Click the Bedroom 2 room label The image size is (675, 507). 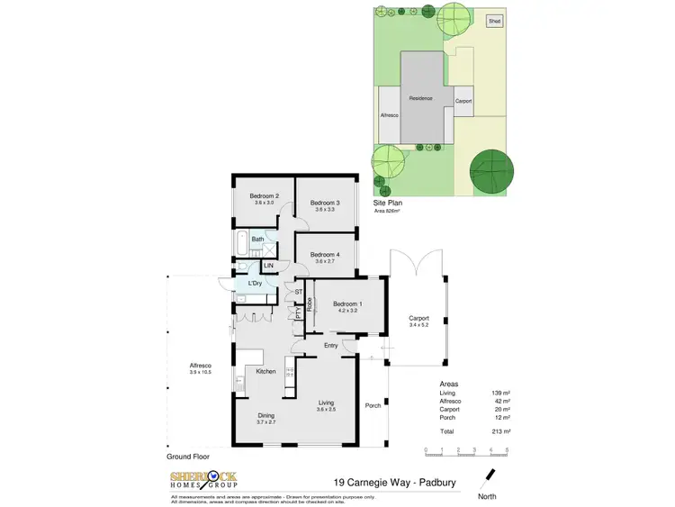[264, 196]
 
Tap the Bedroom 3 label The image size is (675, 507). [325, 204]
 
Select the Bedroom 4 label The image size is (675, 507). [325, 255]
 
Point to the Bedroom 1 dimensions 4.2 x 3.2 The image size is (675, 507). [346, 311]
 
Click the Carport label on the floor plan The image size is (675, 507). [419, 318]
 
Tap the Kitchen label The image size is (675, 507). [265, 371]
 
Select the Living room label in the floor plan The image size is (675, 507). [326, 403]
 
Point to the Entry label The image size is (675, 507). [332, 345]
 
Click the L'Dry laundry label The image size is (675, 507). [255, 284]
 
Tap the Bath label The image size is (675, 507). [257, 240]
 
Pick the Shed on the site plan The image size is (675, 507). [494, 21]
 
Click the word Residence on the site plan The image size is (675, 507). [420, 98]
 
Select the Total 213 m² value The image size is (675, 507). [502, 432]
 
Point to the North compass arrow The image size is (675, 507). [490, 474]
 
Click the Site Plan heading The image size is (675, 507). [388, 204]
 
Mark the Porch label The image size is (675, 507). [373, 405]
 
